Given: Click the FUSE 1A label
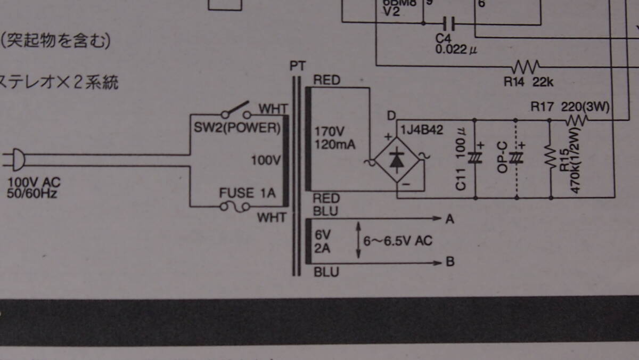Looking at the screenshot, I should (248, 193).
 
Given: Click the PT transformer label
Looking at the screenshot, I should (298, 66).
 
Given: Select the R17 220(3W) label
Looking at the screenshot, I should (570, 107).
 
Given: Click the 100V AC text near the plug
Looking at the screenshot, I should (31, 183).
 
